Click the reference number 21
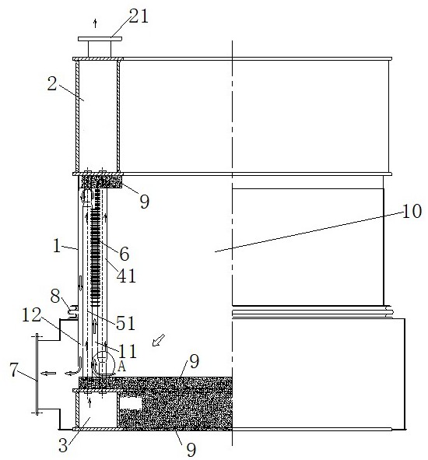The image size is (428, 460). tap(139, 16)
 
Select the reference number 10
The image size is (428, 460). tap(412, 211)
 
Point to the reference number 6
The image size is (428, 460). tap(125, 254)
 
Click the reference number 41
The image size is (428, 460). tap(126, 276)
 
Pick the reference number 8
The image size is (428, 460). tap(55, 297)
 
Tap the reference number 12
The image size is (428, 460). tap(32, 315)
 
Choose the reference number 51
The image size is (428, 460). tap(125, 323)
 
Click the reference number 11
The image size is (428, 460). tap(128, 351)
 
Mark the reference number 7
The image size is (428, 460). tap(14, 370)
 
